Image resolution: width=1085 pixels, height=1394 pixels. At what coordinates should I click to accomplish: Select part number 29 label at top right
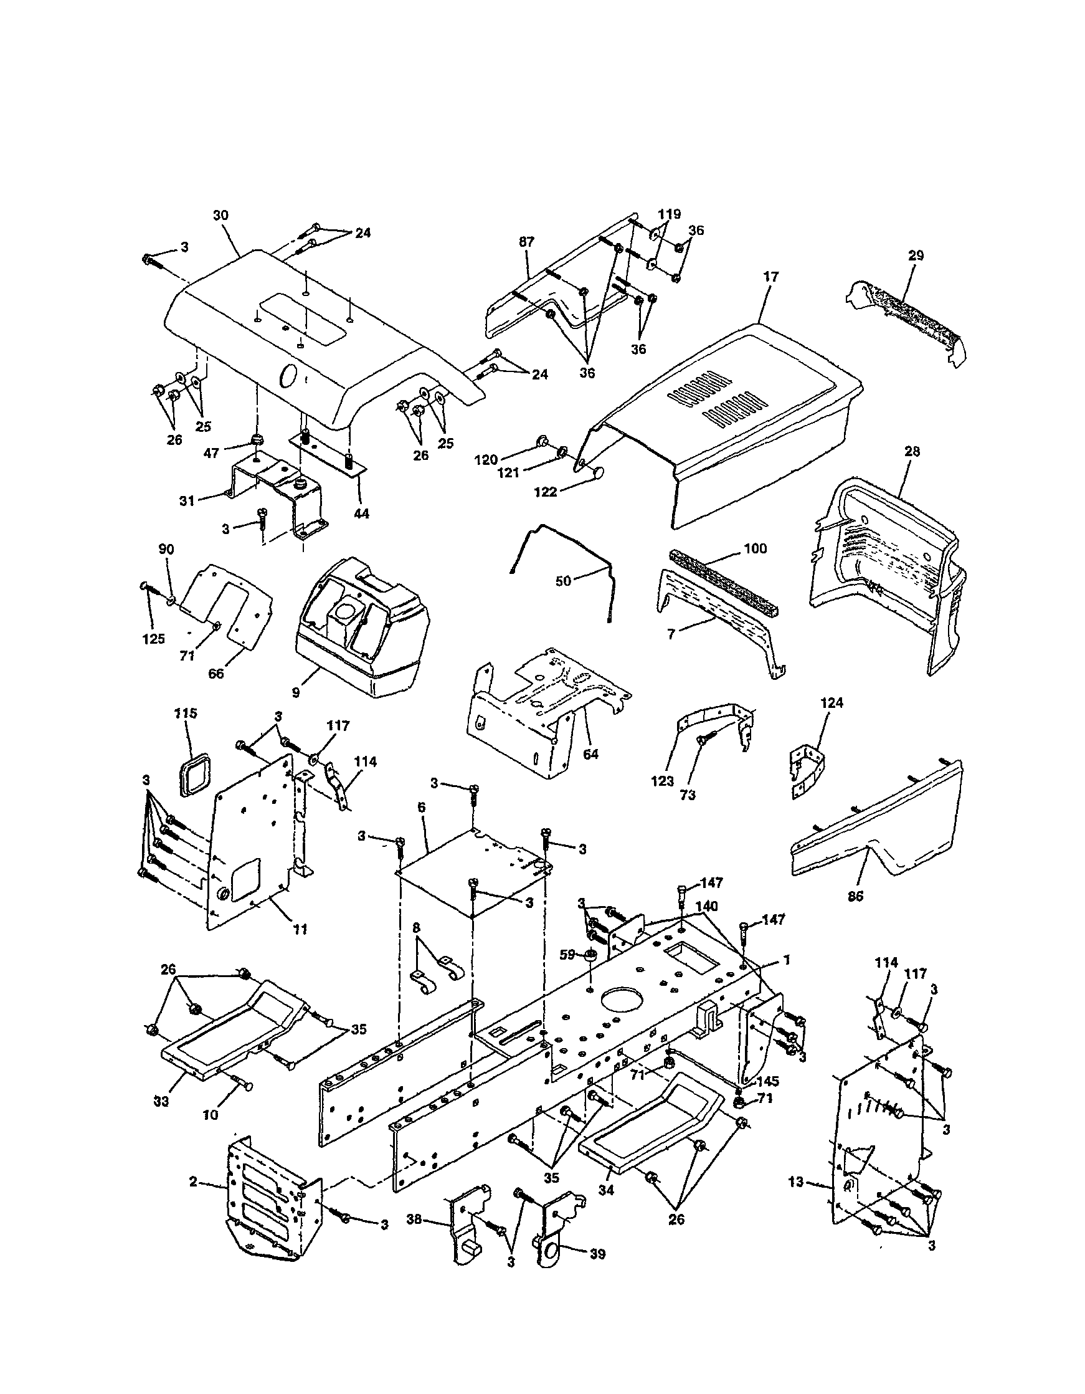[916, 255]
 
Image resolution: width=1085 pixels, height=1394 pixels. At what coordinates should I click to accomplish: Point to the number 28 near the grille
[912, 451]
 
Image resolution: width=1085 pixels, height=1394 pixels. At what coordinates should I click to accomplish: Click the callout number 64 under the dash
[590, 754]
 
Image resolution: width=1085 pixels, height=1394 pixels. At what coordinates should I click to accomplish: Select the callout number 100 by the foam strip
[756, 549]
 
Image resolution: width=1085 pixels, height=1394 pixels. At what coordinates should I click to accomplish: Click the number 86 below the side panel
[855, 897]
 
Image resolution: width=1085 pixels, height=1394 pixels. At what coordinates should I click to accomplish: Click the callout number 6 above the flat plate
[422, 808]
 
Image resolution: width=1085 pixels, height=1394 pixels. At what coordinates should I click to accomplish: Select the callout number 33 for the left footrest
[161, 1101]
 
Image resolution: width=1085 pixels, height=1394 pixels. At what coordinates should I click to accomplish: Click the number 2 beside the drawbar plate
[193, 1182]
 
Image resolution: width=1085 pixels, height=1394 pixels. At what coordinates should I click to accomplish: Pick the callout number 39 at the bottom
[598, 1255]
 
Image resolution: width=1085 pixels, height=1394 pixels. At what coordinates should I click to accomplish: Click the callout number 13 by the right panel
[796, 1182]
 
